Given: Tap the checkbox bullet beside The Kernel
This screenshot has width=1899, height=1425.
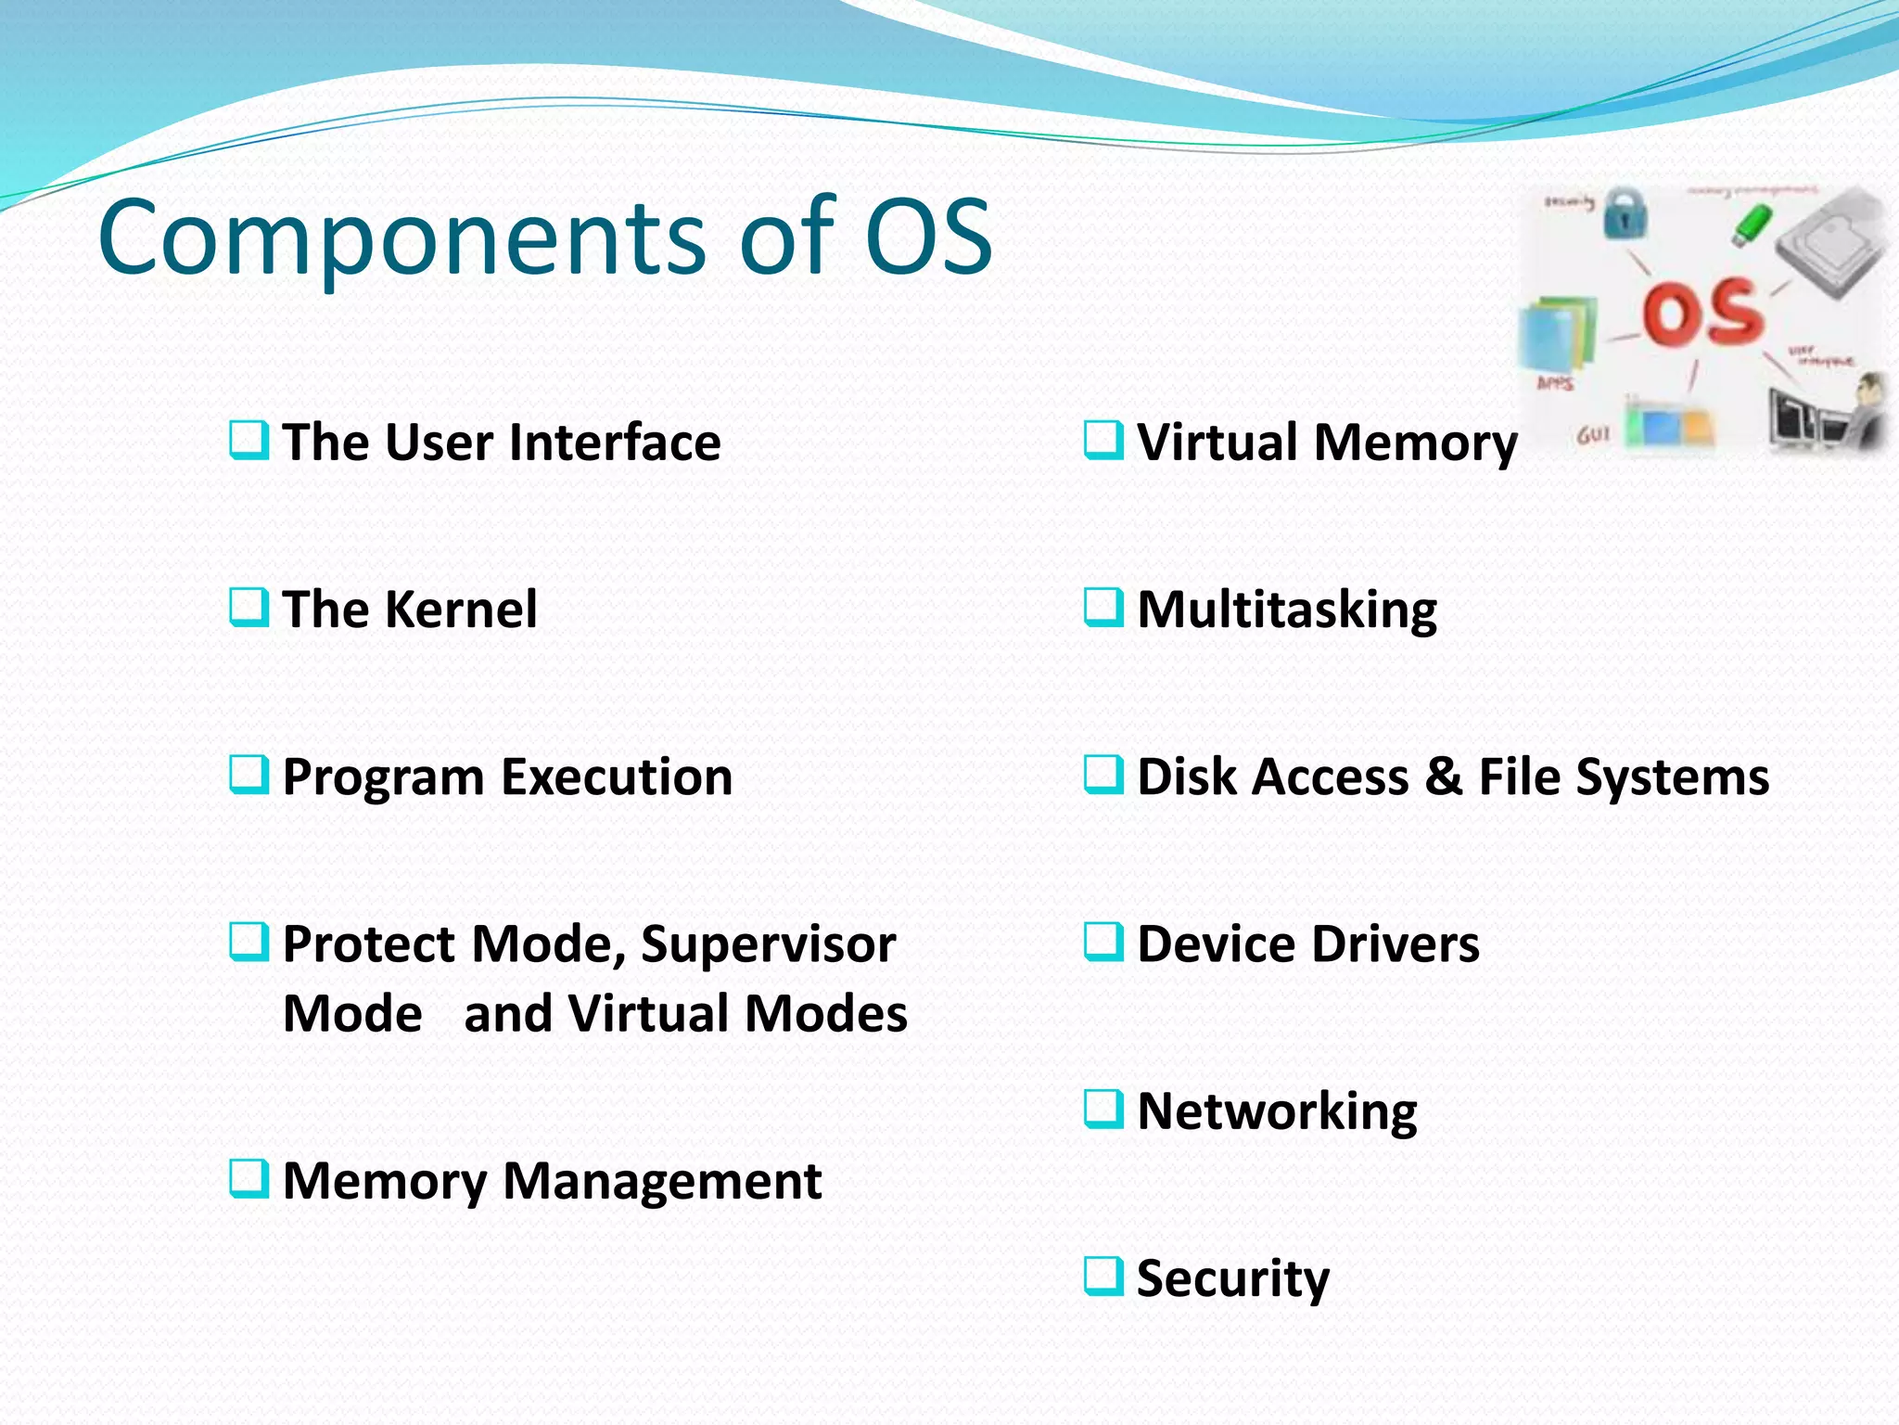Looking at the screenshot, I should click(249, 608).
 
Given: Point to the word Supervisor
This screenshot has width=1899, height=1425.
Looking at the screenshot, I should click(768, 944).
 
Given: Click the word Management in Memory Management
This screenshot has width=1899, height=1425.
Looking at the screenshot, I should click(661, 1181).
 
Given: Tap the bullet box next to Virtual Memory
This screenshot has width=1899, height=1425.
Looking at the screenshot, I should click(1103, 441).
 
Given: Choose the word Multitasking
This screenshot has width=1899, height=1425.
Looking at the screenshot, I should click(1286, 610).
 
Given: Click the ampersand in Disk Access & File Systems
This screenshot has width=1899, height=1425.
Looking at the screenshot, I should click(1443, 777).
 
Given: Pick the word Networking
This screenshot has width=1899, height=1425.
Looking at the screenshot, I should click(1276, 1111).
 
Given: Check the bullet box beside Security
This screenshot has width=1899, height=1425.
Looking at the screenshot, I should click(1103, 1277).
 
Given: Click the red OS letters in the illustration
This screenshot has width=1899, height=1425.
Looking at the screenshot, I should click(1702, 311).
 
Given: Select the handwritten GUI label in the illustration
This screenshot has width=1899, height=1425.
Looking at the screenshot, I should click(1594, 434).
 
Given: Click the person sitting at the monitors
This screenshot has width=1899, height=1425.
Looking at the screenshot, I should click(1864, 408).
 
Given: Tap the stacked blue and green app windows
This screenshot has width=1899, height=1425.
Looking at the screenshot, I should click(1558, 334).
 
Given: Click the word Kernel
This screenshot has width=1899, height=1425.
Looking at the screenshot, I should click(461, 610).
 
